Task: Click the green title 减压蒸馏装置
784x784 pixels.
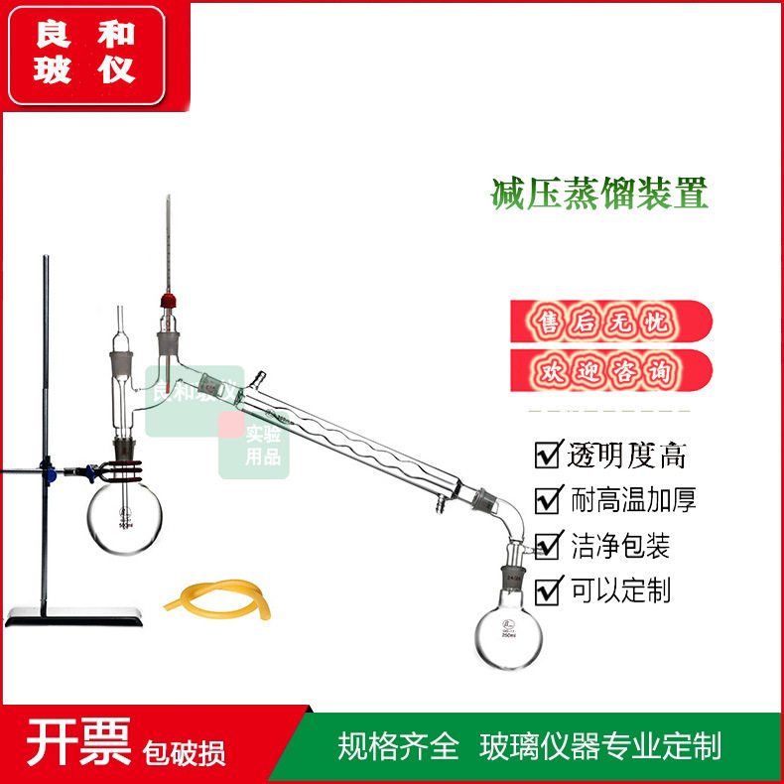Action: pyautogui.click(x=599, y=193)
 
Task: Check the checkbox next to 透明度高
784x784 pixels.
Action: pyautogui.click(x=548, y=456)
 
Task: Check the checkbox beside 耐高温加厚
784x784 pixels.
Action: pyautogui.click(x=548, y=500)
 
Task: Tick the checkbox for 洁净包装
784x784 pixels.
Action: pyautogui.click(x=548, y=546)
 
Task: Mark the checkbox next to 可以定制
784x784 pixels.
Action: pyautogui.click(x=548, y=591)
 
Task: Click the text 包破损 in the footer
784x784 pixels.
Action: pyautogui.click(x=184, y=751)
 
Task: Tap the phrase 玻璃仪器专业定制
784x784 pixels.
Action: pyautogui.click(x=599, y=745)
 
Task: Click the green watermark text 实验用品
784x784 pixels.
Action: pyautogui.click(x=263, y=446)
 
